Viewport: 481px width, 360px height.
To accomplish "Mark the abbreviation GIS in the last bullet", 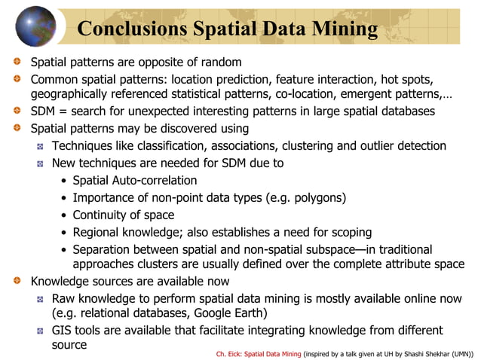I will click(63, 330).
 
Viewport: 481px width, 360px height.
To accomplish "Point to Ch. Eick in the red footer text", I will click(229, 352).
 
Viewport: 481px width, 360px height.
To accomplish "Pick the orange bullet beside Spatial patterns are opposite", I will click(18, 61).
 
